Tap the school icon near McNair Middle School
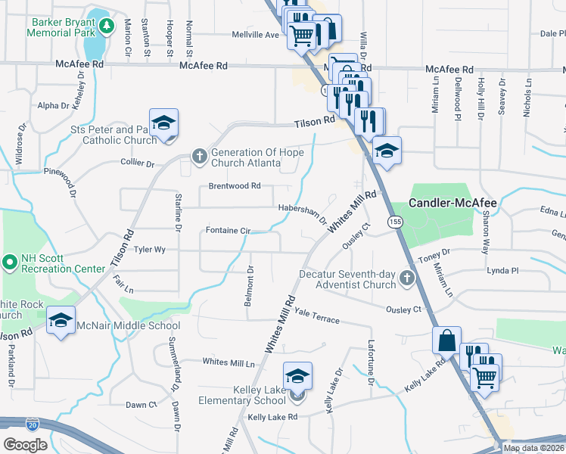[61, 320]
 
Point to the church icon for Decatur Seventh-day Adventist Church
[407, 278]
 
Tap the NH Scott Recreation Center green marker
[10, 263]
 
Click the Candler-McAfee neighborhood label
[452, 203]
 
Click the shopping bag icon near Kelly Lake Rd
[446, 340]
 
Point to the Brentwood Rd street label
[235, 186]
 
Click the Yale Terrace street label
[317, 316]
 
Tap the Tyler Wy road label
[149, 249]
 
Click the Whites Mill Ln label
[229, 362]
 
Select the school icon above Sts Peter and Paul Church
[163, 123]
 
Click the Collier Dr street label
[137, 163]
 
